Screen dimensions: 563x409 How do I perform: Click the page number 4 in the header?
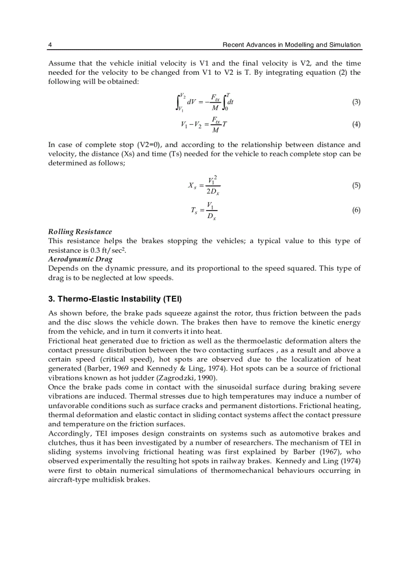pyautogui.click(x=50, y=45)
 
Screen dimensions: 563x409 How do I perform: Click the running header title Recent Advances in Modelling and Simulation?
pyautogui.click(x=291, y=45)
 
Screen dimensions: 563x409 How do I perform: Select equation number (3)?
pyautogui.click(x=356, y=102)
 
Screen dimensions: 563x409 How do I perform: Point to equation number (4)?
pyautogui.click(x=356, y=124)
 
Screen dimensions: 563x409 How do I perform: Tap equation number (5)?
pyautogui.click(x=356, y=185)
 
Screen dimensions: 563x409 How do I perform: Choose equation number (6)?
pyautogui.click(x=356, y=211)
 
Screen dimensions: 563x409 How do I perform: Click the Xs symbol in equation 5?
pyautogui.click(x=192, y=186)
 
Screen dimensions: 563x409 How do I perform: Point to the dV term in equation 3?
pyautogui.click(x=191, y=103)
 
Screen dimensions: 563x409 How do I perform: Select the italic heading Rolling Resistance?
pyautogui.click(x=80, y=232)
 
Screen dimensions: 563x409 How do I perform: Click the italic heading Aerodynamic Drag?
pyautogui.click(x=80, y=259)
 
